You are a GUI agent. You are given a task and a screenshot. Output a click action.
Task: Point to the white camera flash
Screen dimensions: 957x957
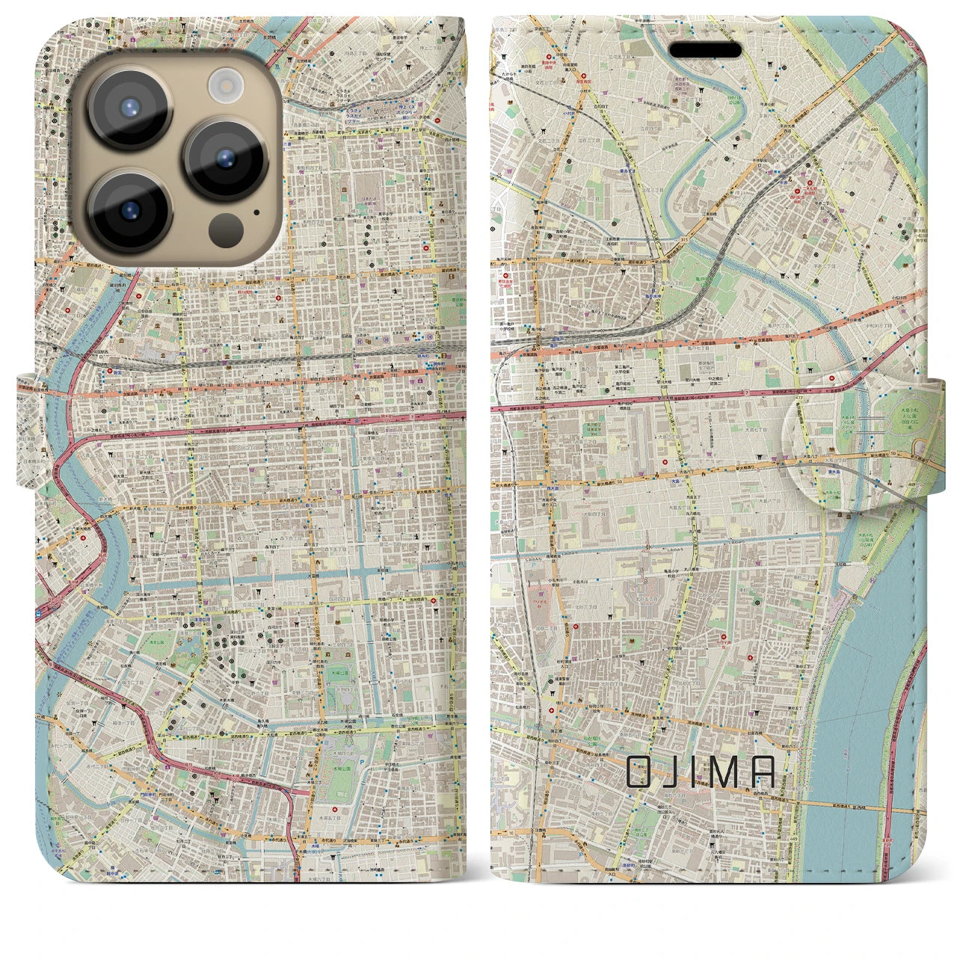[x=224, y=84]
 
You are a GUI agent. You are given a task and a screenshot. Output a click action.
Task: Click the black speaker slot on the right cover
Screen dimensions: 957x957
[x=705, y=50]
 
